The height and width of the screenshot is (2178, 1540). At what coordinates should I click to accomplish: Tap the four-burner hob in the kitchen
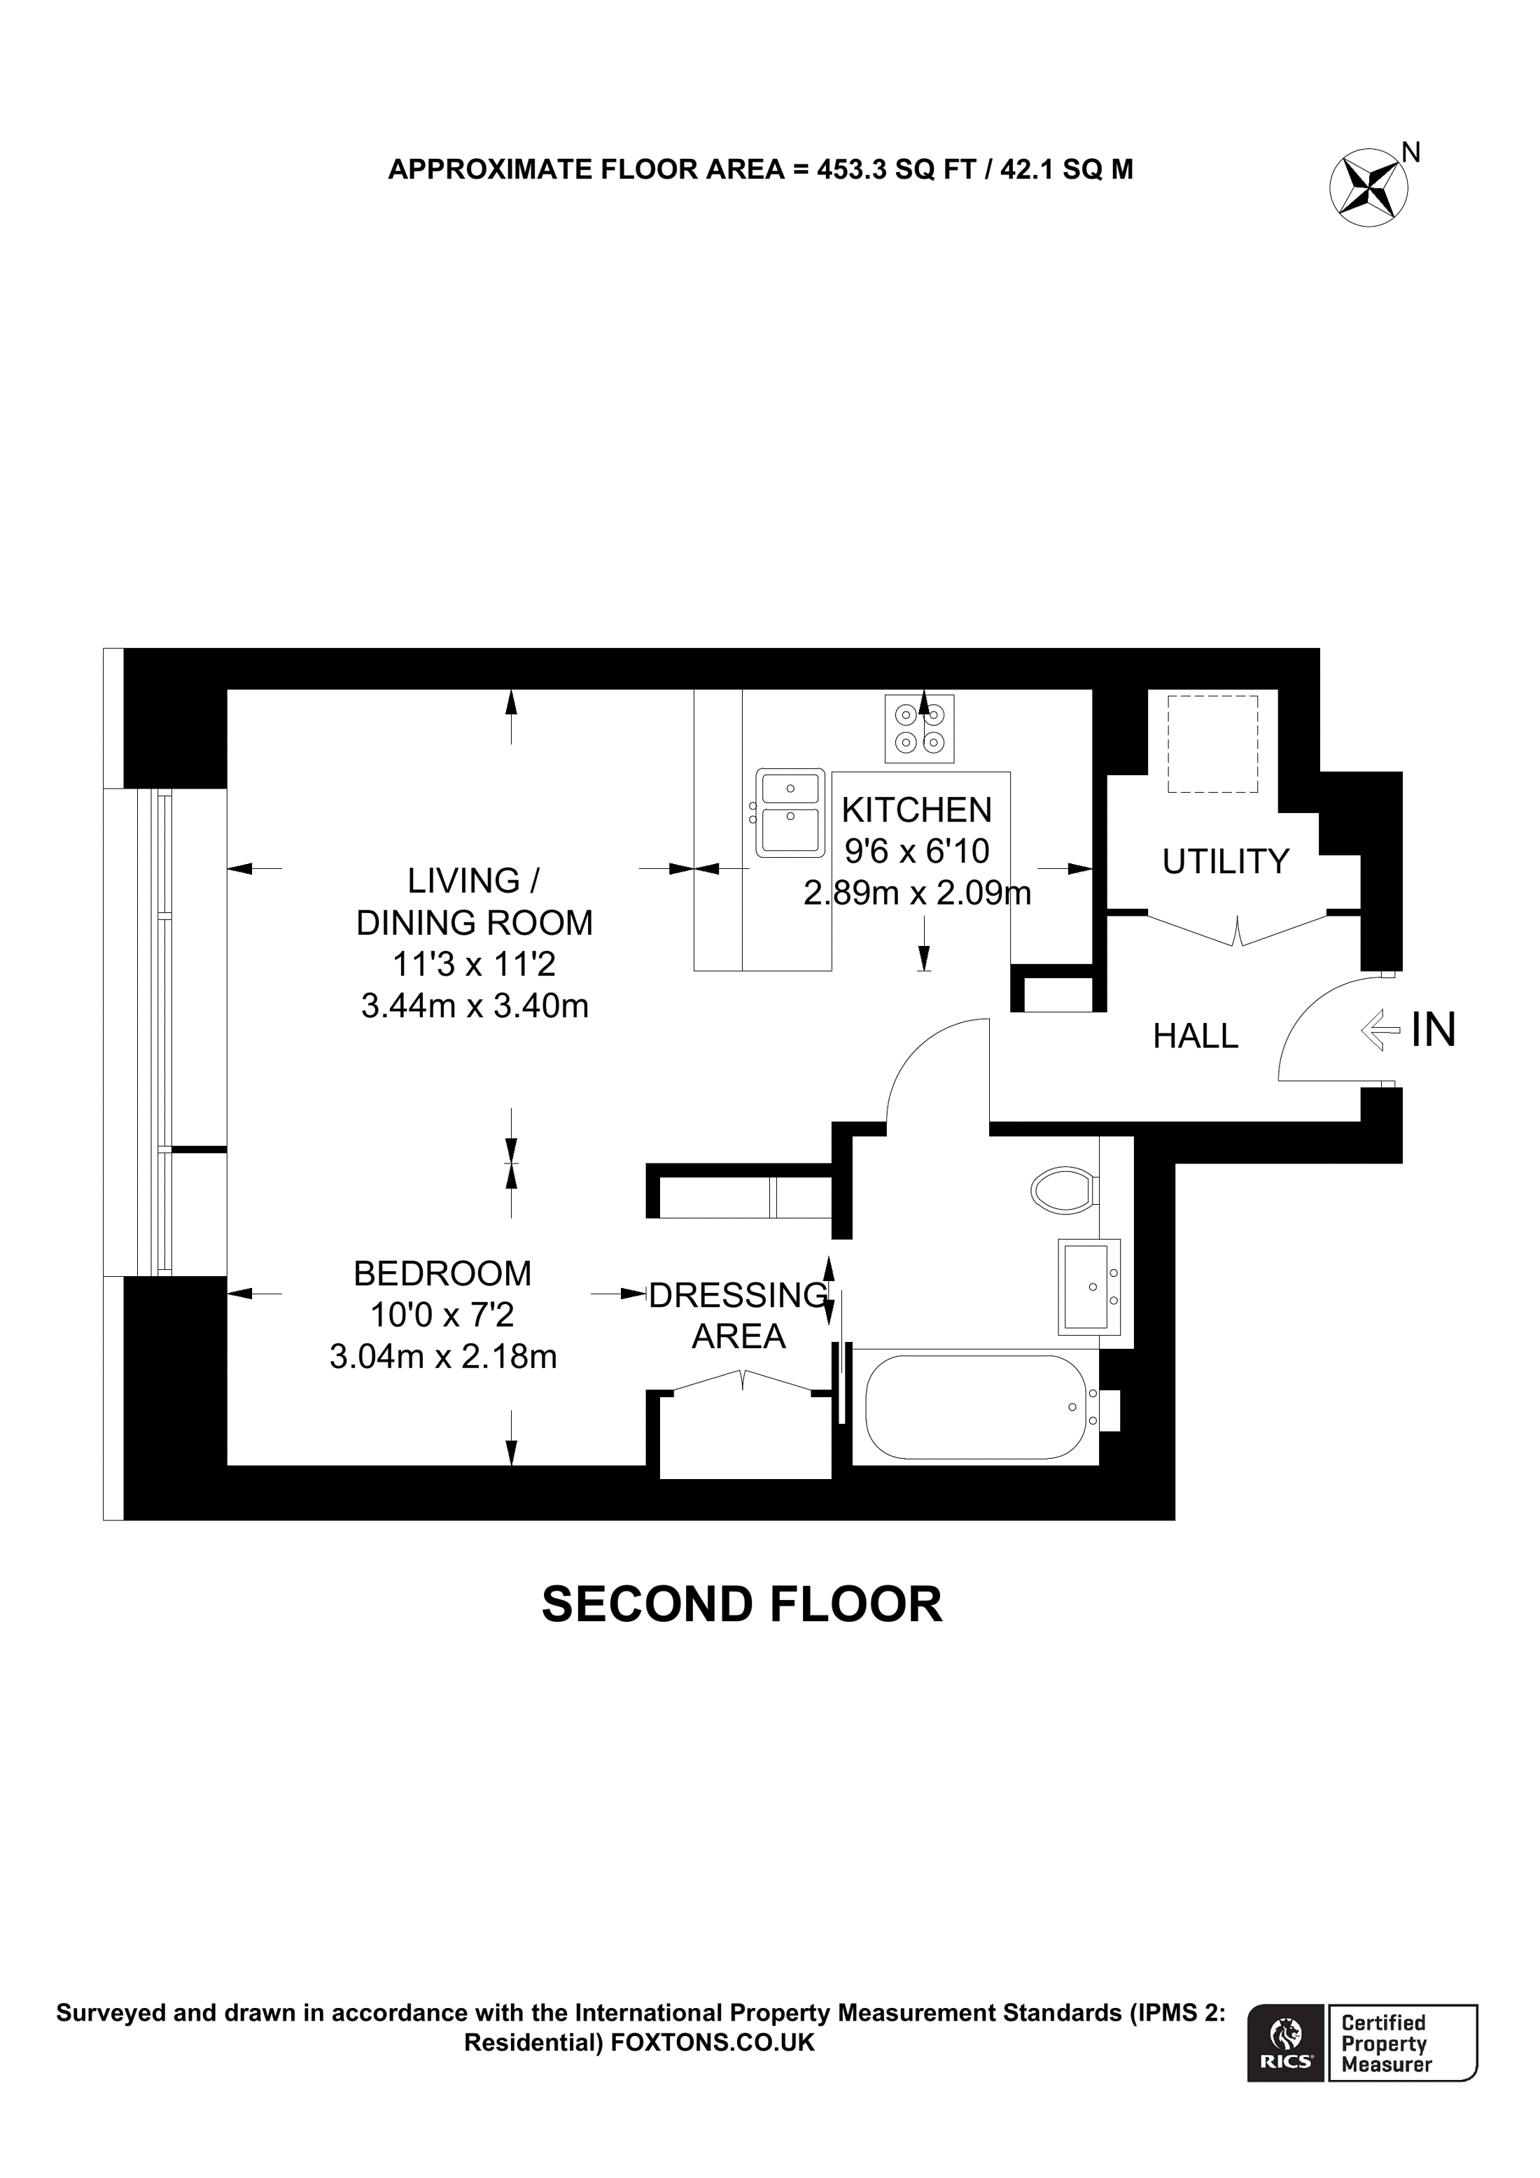coord(918,728)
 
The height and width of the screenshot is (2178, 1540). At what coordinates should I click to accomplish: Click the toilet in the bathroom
coord(1065,1189)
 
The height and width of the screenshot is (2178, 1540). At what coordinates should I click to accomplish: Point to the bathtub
coord(975,1407)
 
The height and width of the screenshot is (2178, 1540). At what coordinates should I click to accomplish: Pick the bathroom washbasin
coord(1088,1287)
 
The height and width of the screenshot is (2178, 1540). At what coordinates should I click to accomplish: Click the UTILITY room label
coord(1225,861)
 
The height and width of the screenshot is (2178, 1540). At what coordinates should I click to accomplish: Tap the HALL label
coord(1195,1036)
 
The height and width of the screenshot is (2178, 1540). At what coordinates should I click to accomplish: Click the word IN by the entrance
coord(1433,1030)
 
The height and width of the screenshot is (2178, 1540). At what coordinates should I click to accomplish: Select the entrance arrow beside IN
coord(1380,1029)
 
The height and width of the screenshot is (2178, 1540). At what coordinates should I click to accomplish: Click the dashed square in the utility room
coord(1212,744)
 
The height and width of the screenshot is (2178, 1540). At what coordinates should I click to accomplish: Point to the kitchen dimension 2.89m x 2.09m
coord(916,893)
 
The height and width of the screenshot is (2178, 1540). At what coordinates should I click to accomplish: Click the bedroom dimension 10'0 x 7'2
coord(442,1315)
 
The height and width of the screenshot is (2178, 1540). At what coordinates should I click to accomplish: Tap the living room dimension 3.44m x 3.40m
coord(475,1005)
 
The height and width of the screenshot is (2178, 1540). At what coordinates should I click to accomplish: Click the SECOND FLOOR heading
coord(742,1604)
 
